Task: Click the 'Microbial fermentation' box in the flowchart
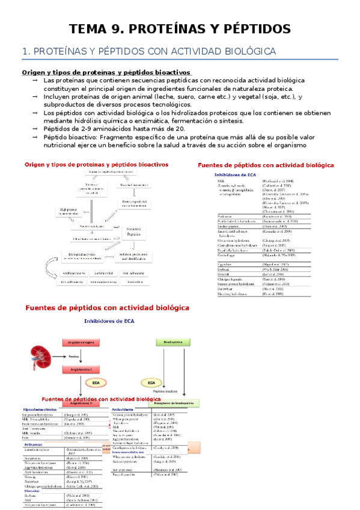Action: tap(138, 186)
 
